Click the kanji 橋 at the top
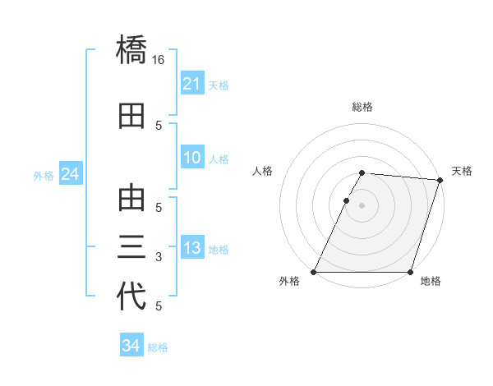pyautogui.click(x=131, y=51)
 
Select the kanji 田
pyautogui.click(x=131, y=117)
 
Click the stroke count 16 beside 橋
pyautogui.click(x=159, y=60)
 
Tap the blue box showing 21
pyautogui.click(x=192, y=84)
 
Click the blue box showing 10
pyautogui.click(x=192, y=159)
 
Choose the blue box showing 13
pyautogui.click(x=192, y=249)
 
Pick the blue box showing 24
pyautogui.click(x=71, y=174)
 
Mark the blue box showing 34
pyautogui.click(x=131, y=346)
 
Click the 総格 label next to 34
pyautogui.click(x=158, y=347)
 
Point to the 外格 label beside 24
pyautogui.click(x=44, y=175)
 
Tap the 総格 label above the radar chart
pyautogui.click(x=362, y=107)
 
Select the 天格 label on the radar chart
pyautogui.click(x=462, y=171)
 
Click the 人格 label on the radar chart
pyautogui.click(x=263, y=171)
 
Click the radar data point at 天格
pyautogui.click(x=440, y=180)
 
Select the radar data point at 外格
pyautogui.click(x=314, y=272)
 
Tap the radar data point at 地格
pyautogui.click(x=410, y=272)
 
